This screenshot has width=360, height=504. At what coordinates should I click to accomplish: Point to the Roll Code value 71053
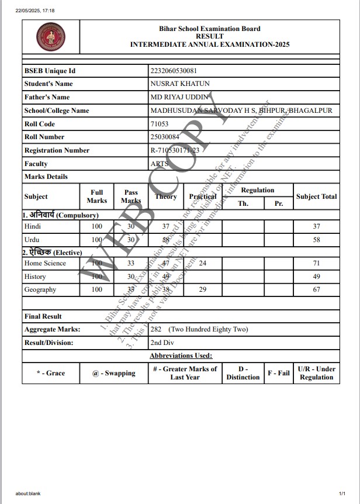click(x=159, y=124)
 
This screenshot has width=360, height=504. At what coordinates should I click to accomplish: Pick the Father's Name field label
click(x=47, y=97)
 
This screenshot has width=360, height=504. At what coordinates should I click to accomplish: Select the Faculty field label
click(x=36, y=164)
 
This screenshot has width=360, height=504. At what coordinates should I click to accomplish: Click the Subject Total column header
click(x=316, y=196)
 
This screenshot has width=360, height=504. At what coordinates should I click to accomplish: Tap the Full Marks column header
click(x=97, y=196)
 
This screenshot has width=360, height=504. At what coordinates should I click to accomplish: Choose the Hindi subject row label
click(x=33, y=226)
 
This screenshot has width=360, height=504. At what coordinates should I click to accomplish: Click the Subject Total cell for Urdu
click(x=317, y=240)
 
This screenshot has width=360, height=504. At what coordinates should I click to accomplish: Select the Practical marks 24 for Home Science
click(x=203, y=263)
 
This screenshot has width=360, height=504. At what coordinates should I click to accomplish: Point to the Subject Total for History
click(x=317, y=277)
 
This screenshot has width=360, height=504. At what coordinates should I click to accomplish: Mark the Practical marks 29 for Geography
click(x=203, y=289)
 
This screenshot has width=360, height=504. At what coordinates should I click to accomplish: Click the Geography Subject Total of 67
click(x=317, y=289)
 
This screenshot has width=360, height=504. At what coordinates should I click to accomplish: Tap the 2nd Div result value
click(x=162, y=343)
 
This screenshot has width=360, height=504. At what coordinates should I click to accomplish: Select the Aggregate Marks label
click(x=52, y=329)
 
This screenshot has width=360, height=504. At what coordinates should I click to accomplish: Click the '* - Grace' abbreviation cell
click(x=51, y=373)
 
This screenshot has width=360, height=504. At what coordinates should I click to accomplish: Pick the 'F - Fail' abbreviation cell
click(x=278, y=373)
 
